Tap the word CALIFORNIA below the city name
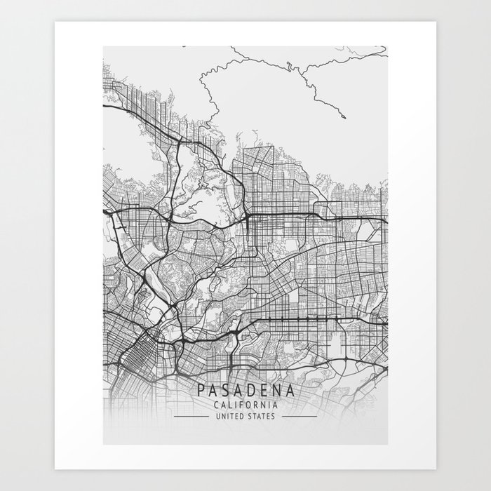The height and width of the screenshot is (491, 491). pos(245,405)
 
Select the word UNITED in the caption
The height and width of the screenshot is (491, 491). pos(229,416)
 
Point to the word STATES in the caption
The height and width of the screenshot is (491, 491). pos(262,416)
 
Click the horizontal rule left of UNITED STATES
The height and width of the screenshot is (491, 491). pos(190,416)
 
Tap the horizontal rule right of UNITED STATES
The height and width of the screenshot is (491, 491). pos(300,416)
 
